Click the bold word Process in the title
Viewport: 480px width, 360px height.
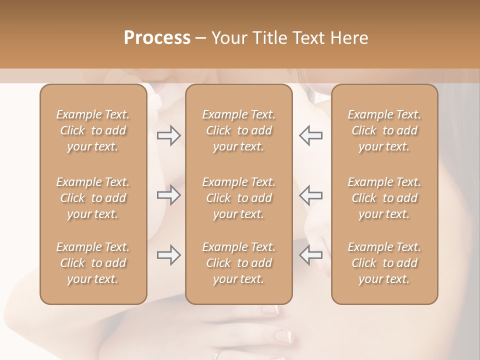tap(157, 38)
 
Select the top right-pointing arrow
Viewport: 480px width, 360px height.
tap(168, 135)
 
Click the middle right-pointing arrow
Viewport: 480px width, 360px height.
tap(168, 195)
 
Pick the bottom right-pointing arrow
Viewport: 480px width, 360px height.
tap(168, 255)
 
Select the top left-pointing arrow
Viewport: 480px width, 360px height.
tap(311, 135)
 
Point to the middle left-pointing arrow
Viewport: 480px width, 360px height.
tap(311, 195)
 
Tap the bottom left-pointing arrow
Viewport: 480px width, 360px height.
tap(311, 255)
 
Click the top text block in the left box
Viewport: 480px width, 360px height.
tap(93, 130)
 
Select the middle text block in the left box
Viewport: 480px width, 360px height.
tap(93, 198)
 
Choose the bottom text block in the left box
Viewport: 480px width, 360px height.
tap(93, 263)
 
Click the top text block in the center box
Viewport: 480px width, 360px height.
tap(239, 130)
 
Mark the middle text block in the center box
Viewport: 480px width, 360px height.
tap(239, 198)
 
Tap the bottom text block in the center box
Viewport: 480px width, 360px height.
tap(239, 263)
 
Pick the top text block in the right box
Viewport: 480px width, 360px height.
tap(384, 130)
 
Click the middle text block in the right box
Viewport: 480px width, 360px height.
tap(384, 198)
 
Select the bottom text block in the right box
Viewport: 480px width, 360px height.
tap(384, 263)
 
